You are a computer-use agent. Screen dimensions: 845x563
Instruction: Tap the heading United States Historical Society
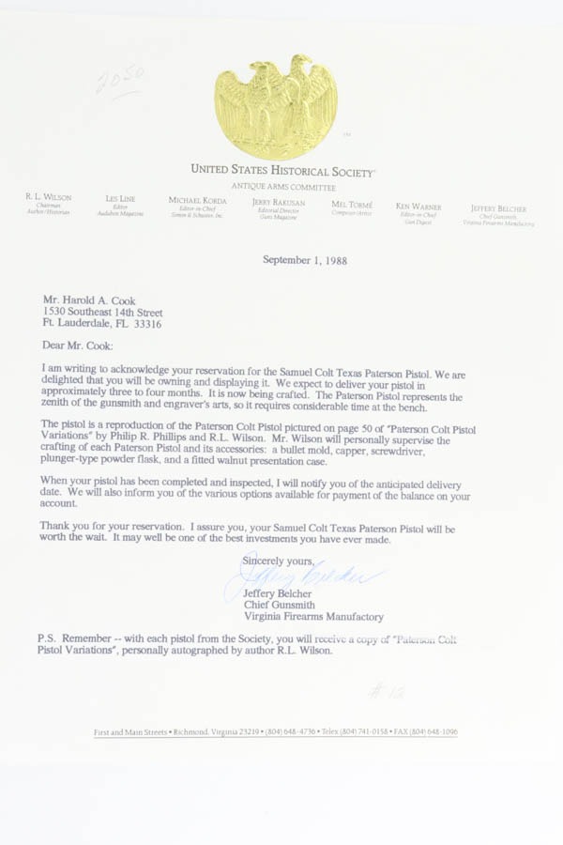click(282, 171)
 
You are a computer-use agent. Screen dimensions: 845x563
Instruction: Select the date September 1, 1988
click(305, 260)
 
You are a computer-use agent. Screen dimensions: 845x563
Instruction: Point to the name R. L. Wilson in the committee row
click(48, 198)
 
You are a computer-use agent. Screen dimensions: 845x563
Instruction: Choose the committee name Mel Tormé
click(352, 204)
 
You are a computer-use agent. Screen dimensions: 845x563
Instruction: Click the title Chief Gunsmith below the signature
click(280, 605)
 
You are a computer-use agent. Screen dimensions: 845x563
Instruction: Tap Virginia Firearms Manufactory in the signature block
click(312, 617)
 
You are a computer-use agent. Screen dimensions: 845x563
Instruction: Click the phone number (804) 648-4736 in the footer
click(292, 731)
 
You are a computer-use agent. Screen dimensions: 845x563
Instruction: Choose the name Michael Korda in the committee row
click(197, 200)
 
